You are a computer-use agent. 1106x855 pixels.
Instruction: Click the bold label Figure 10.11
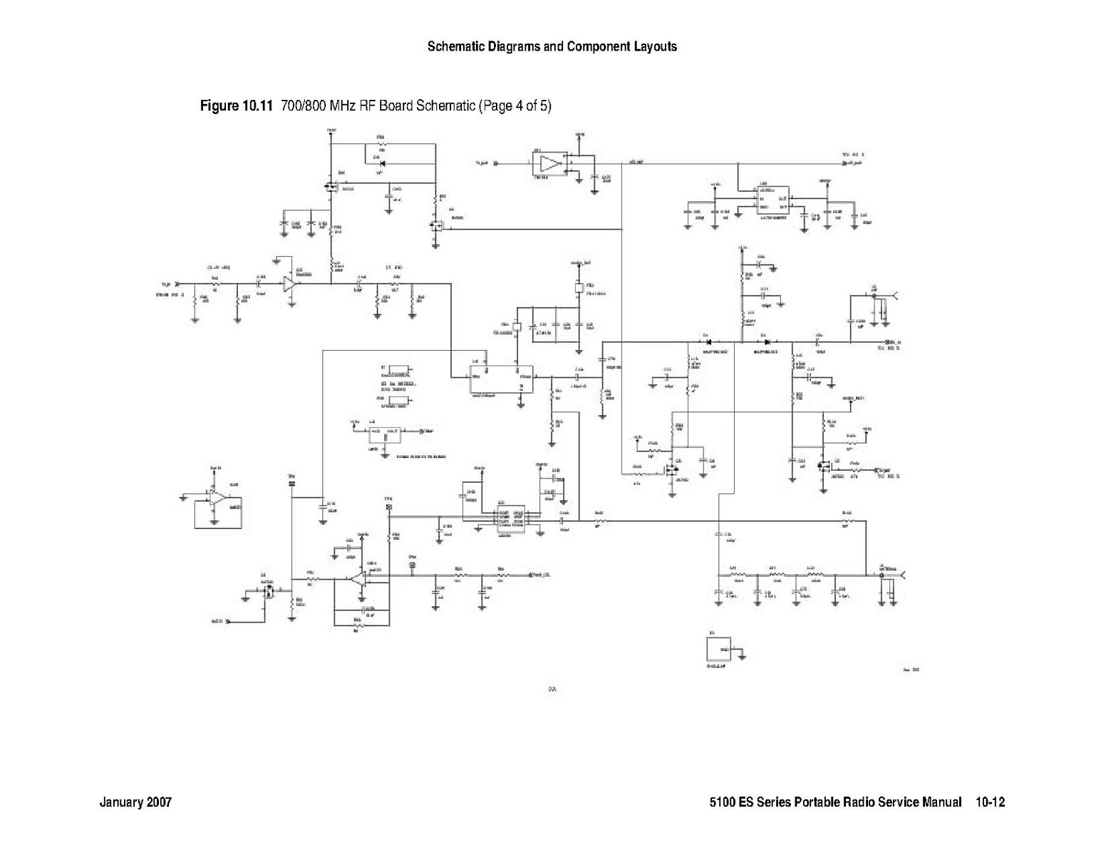[x=237, y=106]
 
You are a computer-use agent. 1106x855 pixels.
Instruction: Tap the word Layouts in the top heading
[x=654, y=47]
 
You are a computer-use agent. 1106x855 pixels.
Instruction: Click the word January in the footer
[x=122, y=802]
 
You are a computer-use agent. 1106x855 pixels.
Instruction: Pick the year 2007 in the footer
[x=159, y=802]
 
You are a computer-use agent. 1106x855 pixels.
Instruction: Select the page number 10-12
[x=991, y=802]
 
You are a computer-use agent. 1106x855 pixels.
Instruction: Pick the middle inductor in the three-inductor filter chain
[x=776, y=574]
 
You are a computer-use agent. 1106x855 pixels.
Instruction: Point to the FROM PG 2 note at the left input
[x=170, y=293]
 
